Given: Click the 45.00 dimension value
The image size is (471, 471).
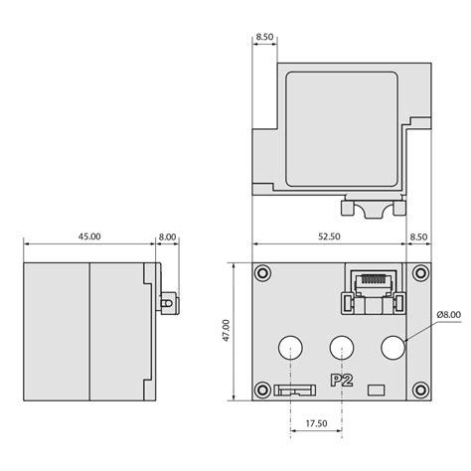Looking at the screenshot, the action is [x=89, y=236].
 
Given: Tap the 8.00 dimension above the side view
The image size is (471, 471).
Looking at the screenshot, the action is [x=168, y=236].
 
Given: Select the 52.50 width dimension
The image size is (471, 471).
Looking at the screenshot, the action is [x=329, y=236].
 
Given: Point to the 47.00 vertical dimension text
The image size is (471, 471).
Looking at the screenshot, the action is [x=226, y=331].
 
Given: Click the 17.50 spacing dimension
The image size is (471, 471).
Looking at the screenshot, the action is [x=316, y=423].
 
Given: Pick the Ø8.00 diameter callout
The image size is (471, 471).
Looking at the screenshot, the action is [x=449, y=314].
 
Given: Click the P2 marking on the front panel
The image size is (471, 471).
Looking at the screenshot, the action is [x=342, y=381].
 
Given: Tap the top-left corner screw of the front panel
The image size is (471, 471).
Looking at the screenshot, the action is [x=262, y=273].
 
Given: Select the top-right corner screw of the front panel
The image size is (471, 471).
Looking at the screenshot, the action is [x=420, y=273].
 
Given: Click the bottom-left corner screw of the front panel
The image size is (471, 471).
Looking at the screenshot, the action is [x=262, y=390].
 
